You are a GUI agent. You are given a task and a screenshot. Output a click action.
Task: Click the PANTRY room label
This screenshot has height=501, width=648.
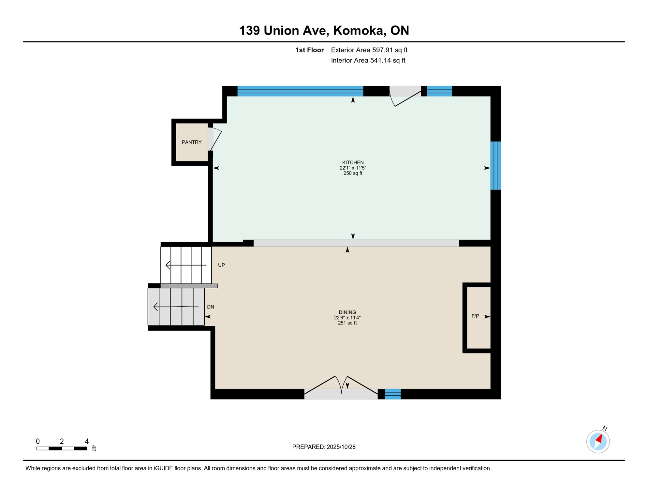[x=192, y=142]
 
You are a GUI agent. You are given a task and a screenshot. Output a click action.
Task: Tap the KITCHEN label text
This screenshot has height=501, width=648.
[x=353, y=162]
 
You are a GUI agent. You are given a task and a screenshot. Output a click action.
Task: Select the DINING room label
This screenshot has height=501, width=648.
[x=347, y=312]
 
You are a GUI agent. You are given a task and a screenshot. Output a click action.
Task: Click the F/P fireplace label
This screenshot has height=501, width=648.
[x=475, y=316]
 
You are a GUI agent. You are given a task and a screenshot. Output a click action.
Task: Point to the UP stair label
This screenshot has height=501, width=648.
[x=221, y=265]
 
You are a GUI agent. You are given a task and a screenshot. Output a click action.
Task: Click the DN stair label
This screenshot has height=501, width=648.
[x=211, y=307]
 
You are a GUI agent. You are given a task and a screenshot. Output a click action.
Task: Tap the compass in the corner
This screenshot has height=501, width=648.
[x=598, y=441]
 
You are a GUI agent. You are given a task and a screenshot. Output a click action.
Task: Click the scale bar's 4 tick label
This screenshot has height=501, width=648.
[x=87, y=441]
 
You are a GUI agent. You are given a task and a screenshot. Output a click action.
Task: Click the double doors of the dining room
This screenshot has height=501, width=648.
[x=341, y=388]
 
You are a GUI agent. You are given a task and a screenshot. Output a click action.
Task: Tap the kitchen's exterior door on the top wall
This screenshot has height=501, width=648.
[x=405, y=95]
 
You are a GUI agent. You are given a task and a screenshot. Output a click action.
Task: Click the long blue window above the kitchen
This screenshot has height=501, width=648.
[x=300, y=91]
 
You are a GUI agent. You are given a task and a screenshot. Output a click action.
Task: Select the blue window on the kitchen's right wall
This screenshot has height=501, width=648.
[x=495, y=165]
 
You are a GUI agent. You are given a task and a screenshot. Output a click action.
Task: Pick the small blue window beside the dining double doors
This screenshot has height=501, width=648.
[x=393, y=394]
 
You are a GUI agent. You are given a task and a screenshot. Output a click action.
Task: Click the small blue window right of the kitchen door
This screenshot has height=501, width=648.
[x=439, y=91]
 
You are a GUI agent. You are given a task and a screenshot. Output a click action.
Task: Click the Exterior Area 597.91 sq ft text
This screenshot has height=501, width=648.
[x=369, y=50]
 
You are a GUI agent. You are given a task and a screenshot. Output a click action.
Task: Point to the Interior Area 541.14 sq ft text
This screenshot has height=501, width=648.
[x=368, y=60]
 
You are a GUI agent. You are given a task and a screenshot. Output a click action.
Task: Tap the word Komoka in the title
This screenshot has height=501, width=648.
[x=358, y=30]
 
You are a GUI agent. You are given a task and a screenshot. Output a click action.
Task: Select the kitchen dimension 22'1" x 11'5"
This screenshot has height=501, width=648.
[x=353, y=168]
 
